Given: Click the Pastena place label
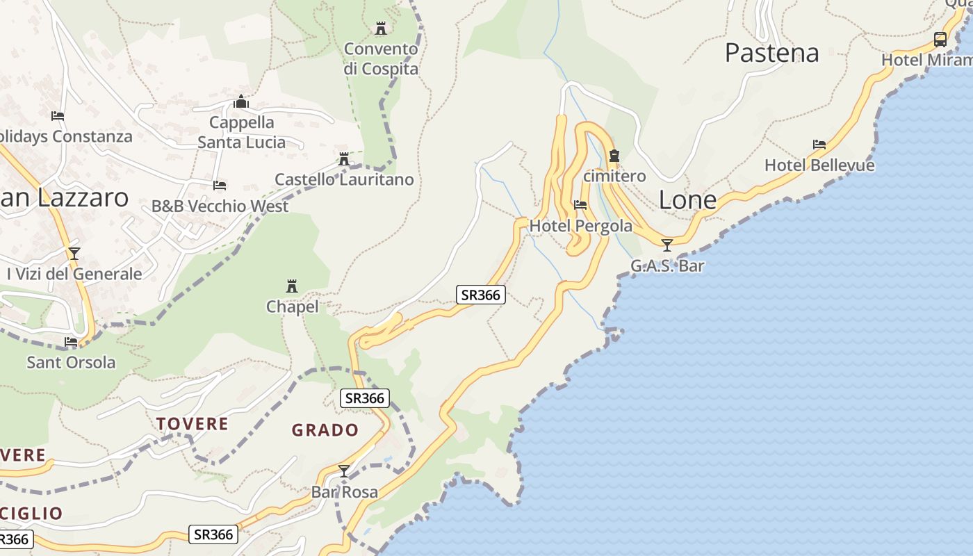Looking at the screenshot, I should (771, 53).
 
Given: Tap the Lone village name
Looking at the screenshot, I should (687, 200).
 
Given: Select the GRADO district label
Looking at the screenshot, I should (325, 430).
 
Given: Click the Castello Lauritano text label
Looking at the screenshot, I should (344, 179).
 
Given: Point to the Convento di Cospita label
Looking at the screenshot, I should (381, 59).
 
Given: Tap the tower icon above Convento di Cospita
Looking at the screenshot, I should (381, 28).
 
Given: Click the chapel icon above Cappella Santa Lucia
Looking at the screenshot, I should (241, 102).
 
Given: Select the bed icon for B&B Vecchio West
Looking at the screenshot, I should (220, 186).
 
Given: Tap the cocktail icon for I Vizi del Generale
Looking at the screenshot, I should (74, 253).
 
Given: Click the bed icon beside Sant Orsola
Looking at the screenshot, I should (71, 342).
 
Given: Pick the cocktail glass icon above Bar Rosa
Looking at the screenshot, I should (344, 471).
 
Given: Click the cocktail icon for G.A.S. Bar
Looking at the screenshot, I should (667, 245).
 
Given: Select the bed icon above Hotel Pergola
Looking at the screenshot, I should (580, 205).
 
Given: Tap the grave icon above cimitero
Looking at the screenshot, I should (614, 156).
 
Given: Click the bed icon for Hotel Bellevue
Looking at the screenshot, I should (819, 145).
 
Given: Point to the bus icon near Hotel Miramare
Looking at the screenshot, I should (940, 40).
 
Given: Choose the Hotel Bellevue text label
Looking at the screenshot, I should (819, 165).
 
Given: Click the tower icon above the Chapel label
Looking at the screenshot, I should (292, 286).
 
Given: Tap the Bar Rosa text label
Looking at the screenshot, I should (345, 492).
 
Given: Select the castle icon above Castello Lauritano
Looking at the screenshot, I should (343, 159).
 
